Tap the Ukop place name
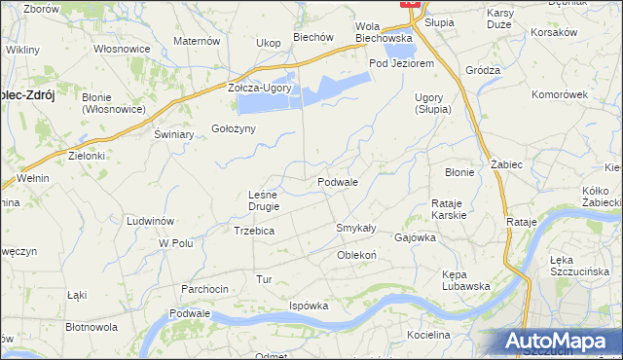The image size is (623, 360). pos(268,43)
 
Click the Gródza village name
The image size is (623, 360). pos(483,70)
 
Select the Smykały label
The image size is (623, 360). pos(355,227)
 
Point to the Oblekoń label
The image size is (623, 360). pos(356,255)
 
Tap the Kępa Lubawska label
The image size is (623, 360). pos(464,279)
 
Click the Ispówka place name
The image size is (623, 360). pos(309,306)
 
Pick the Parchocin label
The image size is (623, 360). pos(204,289)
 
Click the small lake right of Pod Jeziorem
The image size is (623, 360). pos(398,51)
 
